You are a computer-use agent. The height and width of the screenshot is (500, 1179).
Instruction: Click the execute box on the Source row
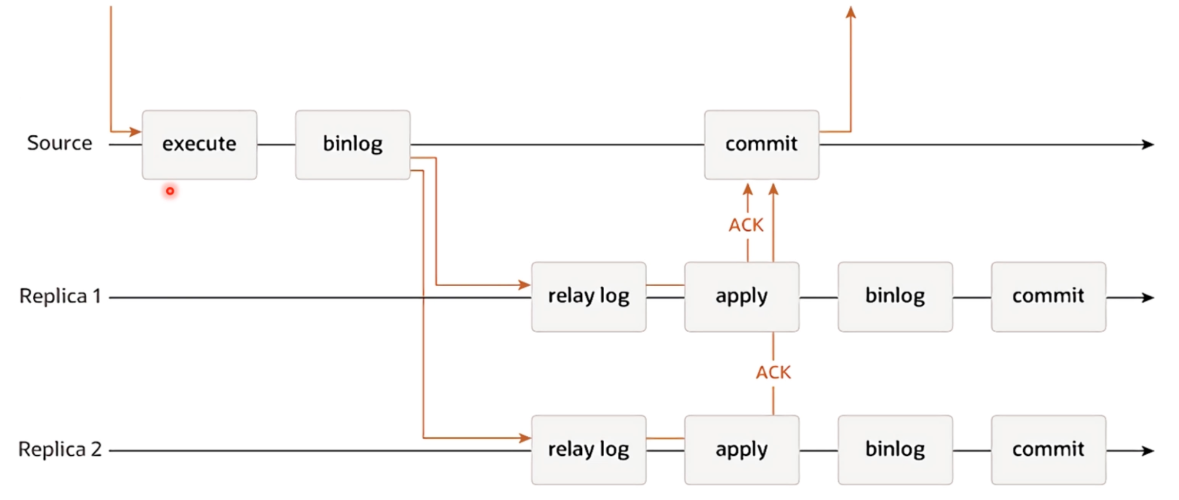click(x=199, y=144)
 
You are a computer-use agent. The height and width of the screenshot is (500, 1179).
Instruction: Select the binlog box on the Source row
click(x=353, y=144)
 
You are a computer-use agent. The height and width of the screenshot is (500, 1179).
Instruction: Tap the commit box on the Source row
click(x=762, y=144)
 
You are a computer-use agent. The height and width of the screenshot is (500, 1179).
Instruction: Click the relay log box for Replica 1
click(x=589, y=297)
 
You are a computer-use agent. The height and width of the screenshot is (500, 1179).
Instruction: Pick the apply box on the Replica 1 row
click(x=742, y=297)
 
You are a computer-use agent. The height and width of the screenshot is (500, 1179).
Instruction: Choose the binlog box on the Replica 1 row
click(x=895, y=297)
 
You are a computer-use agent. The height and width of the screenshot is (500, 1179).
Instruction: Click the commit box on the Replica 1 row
click(x=1048, y=297)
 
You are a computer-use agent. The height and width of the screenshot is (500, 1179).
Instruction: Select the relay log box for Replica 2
click(x=589, y=450)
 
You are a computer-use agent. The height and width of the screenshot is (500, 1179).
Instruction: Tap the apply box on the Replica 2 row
click(x=742, y=450)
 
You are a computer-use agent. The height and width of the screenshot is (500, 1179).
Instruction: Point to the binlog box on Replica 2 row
click(x=895, y=450)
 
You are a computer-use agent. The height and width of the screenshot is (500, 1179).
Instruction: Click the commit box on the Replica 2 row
click(x=1048, y=450)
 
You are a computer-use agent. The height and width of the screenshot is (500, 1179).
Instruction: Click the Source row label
click(x=60, y=143)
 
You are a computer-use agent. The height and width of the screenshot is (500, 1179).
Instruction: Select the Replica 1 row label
click(x=60, y=296)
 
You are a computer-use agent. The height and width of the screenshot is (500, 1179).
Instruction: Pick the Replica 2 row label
click(x=60, y=449)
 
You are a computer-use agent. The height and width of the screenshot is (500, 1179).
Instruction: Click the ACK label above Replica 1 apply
click(x=746, y=225)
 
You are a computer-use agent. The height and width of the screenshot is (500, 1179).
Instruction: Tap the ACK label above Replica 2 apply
click(x=773, y=372)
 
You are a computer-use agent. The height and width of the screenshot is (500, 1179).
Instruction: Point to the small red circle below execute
click(x=170, y=191)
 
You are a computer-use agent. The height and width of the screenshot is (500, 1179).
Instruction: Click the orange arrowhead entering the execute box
click(x=136, y=131)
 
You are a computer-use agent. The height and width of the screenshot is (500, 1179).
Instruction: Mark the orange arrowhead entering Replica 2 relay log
click(x=525, y=438)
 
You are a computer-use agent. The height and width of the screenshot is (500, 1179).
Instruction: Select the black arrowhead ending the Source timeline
click(x=1148, y=144)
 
